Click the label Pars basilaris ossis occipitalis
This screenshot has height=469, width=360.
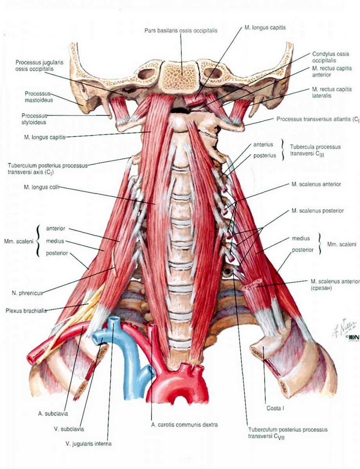pos(181,31)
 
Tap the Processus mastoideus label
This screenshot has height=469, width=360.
pos(39,97)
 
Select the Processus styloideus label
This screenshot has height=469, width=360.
pos(34,119)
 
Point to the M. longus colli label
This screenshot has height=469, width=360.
pos(42,187)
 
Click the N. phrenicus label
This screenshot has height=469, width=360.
pos(27,293)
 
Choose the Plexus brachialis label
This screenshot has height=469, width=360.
pos(26,311)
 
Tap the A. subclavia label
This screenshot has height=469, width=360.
pos(53,414)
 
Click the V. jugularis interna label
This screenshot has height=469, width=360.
pos(88,444)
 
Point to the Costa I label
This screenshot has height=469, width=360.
pos(275,408)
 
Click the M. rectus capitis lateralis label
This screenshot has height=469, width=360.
pos(332,92)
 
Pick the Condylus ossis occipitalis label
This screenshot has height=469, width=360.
pos(331,57)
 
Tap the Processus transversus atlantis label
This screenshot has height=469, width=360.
pos(318,119)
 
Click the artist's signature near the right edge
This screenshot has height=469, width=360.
pos(344,326)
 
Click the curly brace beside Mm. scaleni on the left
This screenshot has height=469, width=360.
pos(38,241)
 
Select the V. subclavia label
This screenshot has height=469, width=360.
pos(69,429)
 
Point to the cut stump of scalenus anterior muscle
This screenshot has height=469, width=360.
pos(252,283)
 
